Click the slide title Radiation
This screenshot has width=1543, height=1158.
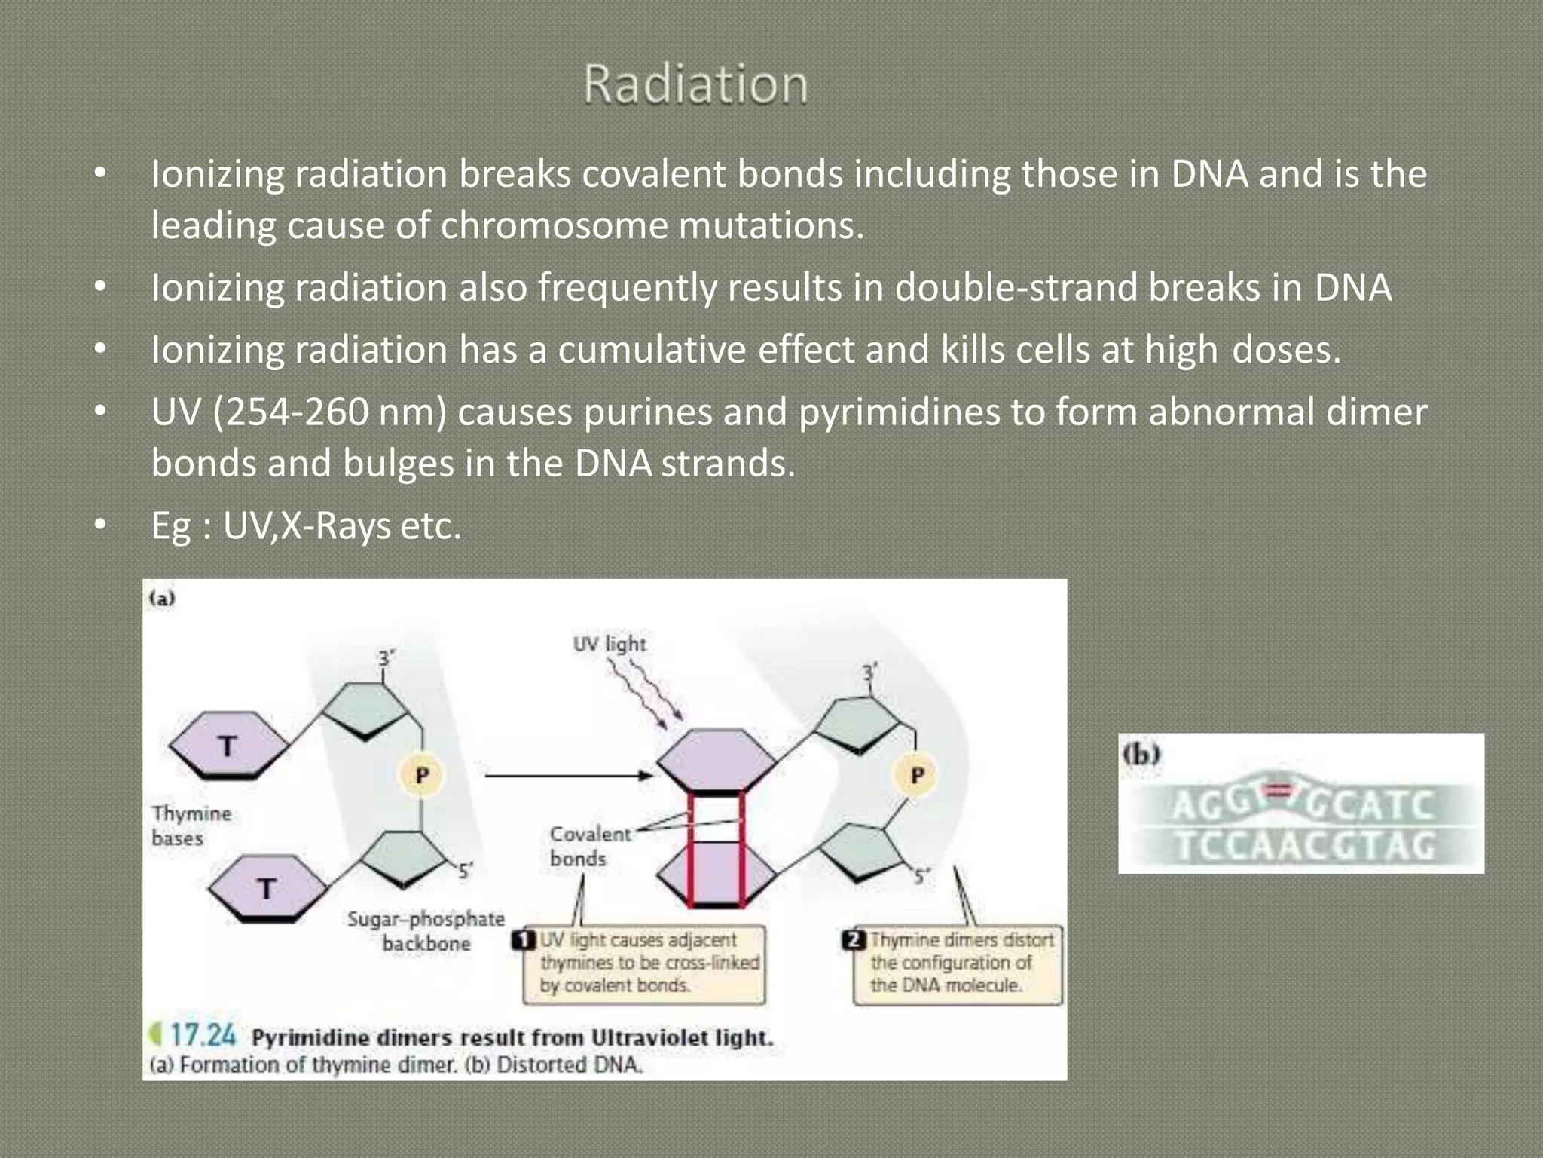click(x=695, y=84)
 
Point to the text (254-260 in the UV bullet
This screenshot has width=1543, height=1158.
click(x=290, y=412)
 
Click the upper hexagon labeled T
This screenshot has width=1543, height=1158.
click(x=228, y=746)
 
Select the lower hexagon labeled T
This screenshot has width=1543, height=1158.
click(x=266, y=888)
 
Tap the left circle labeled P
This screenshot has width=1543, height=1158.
click(x=422, y=775)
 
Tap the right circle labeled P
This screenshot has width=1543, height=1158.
click(x=917, y=775)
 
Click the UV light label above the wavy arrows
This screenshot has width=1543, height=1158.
click(x=610, y=644)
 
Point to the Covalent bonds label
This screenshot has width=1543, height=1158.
click(x=589, y=846)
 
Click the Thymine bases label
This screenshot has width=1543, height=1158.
click(x=191, y=826)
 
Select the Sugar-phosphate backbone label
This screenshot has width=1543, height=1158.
click(x=426, y=930)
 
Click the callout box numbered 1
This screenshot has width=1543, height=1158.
click(x=644, y=963)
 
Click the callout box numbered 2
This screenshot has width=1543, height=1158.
click(x=957, y=963)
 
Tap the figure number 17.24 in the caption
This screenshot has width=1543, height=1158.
click(x=202, y=1035)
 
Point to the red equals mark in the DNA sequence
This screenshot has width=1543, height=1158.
click(x=1279, y=790)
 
